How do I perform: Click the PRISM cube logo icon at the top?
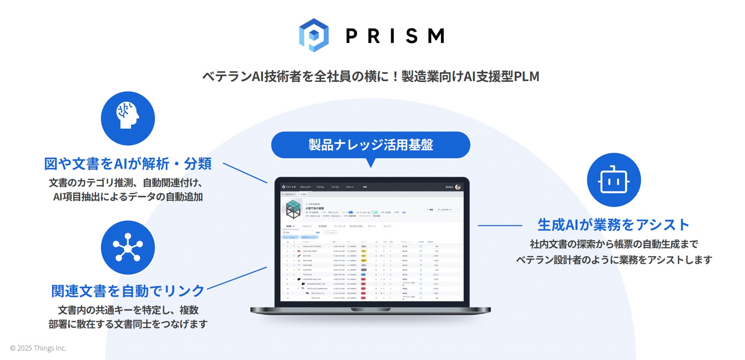[x=314, y=35]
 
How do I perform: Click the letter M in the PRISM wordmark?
[x=436, y=36]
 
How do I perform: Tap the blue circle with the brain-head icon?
[x=128, y=118]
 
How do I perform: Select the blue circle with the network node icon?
[x=128, y=247]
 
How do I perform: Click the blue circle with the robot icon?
[x=614, y=180]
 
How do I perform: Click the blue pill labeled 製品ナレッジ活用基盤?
[x=370, y=145]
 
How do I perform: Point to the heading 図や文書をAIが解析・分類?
[x=128, y=164]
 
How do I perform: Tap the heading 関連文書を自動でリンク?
[x=128, y=291]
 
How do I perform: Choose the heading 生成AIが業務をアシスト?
[x=613, y=225]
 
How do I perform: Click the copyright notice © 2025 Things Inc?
[x=38, y=348]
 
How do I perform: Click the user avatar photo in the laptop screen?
[x=458, y=187]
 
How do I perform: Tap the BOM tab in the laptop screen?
[x=289, y=226]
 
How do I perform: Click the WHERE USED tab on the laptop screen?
[x=356, y=226]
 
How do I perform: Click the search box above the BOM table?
[x=298, y=232]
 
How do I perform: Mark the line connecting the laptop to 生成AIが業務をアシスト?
[x=500, y=225]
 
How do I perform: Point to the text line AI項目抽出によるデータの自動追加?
[x=128, y=197]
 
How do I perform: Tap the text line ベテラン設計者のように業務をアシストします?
[x=614, y=260]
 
